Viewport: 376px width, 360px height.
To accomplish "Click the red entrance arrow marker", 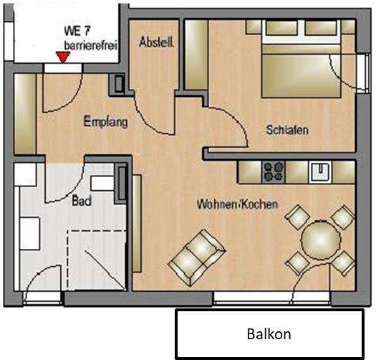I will coord(64,60).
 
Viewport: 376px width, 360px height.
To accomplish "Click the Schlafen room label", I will coord(286,130).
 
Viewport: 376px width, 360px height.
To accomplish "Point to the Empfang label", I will coord(105,122).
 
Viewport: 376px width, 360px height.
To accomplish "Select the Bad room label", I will coord(82,202).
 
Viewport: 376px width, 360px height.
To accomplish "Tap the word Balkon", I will coord(269,334).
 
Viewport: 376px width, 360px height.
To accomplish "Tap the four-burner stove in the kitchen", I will coord(274,171).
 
